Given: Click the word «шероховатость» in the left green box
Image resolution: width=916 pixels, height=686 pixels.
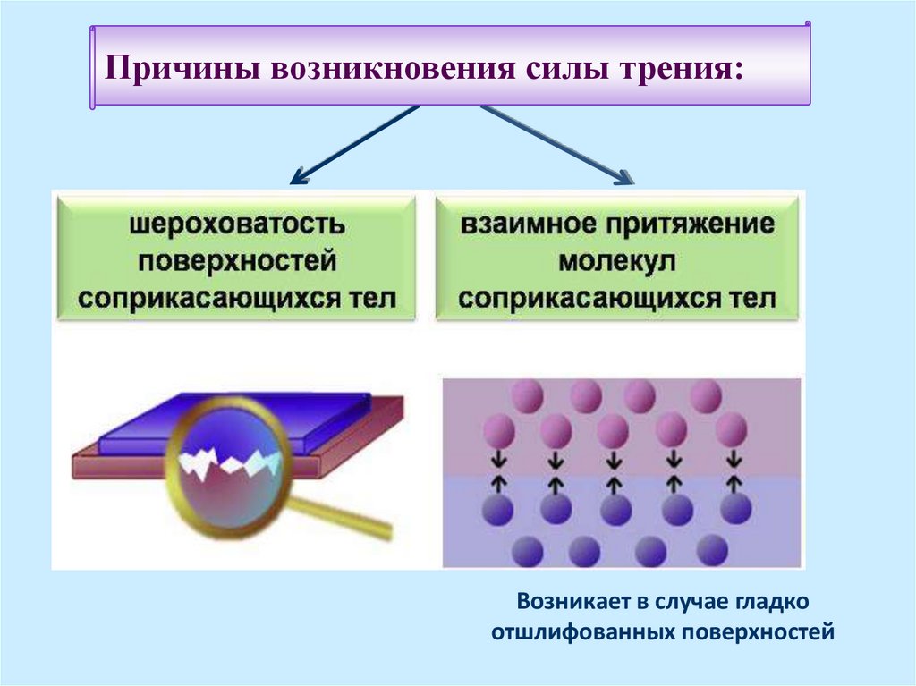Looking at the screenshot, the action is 236,224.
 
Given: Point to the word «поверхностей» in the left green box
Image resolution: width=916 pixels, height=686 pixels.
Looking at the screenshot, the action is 236,260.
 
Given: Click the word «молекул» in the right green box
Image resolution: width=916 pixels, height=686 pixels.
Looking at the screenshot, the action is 617,260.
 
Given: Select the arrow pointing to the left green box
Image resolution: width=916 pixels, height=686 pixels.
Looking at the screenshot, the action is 354,145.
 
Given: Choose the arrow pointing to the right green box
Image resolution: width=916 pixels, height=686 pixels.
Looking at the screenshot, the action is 557,145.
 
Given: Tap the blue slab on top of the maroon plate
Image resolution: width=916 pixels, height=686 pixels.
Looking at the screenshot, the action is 233,424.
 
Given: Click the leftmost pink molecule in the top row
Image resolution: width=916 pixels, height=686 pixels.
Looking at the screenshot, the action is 528,395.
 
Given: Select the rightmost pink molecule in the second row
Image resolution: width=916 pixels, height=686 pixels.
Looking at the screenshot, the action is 732,429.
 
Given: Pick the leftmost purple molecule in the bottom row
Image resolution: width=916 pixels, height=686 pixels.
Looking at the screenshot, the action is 528,550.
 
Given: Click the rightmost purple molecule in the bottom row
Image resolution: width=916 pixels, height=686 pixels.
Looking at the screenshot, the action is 712,550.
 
